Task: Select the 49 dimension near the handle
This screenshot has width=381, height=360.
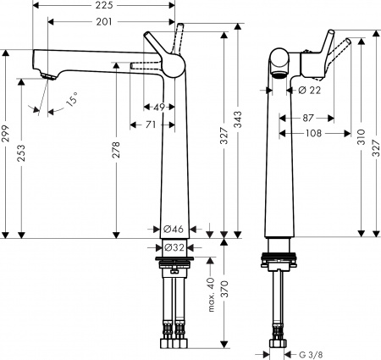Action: point(158,107)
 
